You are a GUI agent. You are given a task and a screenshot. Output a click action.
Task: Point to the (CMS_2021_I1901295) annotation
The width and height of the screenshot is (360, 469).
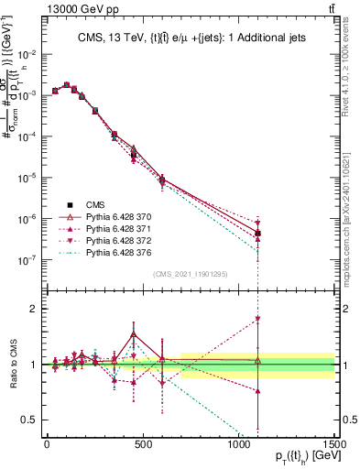pos(190,273)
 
